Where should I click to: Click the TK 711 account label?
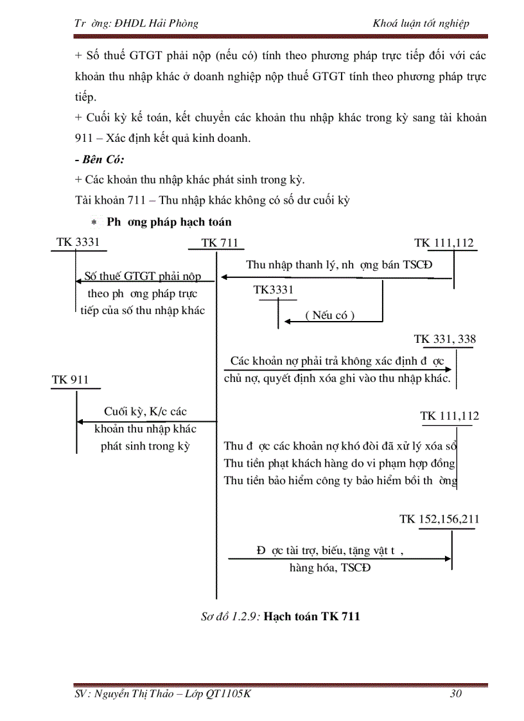(220, 243)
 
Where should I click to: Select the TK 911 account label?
(70, 380)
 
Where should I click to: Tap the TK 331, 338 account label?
(445, 339)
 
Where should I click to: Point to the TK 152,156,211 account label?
(439, 519)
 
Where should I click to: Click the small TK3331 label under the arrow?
(274, 290)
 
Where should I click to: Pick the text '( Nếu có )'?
(330, 315)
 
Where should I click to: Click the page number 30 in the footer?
(456, 693)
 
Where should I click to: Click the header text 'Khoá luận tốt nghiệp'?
(421, 23)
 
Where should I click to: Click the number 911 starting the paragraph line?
(85, 138)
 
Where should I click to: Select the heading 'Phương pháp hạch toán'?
(169, 222)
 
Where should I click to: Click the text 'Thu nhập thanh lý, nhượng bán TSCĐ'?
(340, 265)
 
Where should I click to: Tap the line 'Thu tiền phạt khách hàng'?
(340, 463)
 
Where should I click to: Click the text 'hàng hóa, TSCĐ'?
(329, 568)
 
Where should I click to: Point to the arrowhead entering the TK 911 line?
(80, 422)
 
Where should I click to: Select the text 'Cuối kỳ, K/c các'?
(145, 412)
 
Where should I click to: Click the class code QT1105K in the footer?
(228, 693)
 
